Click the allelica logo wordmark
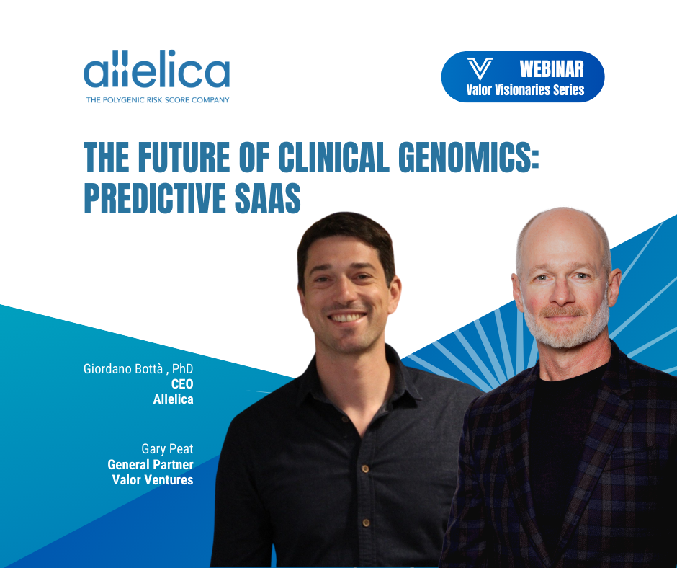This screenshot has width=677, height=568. (156, 73)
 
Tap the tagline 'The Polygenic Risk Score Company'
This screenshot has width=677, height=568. (157, 100)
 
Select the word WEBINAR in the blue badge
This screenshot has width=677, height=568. (551, 68)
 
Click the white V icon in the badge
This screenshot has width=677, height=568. (480, 69)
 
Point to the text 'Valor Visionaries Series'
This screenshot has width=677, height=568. (525, 90)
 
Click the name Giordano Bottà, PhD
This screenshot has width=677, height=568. (138, 370)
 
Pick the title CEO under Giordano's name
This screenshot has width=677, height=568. (181, 384)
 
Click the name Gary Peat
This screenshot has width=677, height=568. (167, 450)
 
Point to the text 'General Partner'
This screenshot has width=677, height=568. (151, 465)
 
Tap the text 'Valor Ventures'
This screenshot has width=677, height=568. (153, 480)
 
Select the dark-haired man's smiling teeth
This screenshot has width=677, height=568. (349, 316)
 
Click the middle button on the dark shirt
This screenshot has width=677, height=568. (365, 469)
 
